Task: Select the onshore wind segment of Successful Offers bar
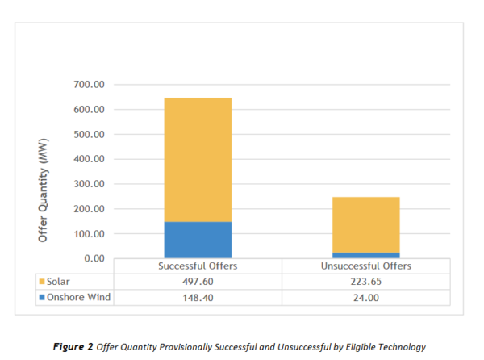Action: point(198,240)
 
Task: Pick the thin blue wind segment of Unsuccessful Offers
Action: point(365,255)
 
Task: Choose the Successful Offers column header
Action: point(198,266)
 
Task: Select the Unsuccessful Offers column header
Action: point(365,266)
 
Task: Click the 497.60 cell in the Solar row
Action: point(198,281)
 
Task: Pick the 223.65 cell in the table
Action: point(365,281)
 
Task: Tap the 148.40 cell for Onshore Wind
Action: point(198,296)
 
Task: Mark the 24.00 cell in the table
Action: point(365,296)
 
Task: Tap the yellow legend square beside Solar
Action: point(42,281)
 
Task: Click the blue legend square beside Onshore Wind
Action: point(42,296)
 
